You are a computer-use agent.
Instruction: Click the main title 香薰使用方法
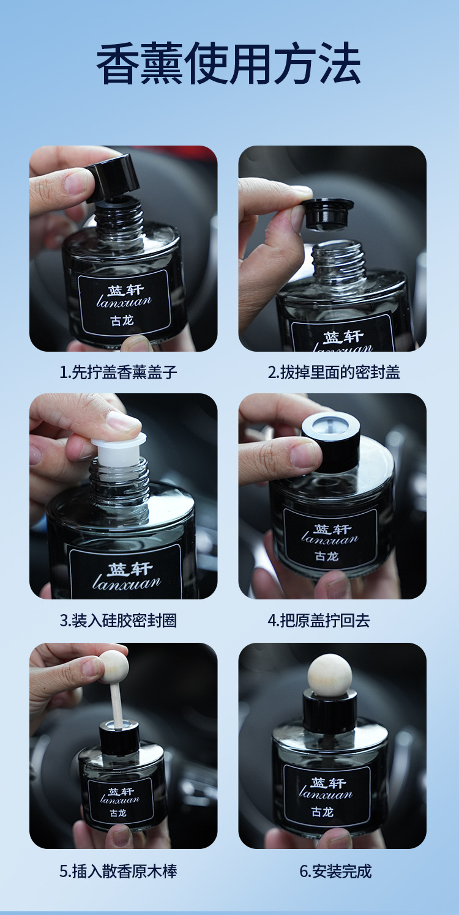click(x=229, y=64)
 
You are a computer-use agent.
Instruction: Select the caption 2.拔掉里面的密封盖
click(x=334, y=372)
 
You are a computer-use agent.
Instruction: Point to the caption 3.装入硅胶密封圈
click(x=118, y=620)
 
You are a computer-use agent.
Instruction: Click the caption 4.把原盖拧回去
click(x=318, y=620)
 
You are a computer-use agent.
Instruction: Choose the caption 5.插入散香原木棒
click(x=118, y=871)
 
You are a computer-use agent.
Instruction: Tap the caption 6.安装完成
click(x=335, y=871)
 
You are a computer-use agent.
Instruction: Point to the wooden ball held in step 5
click(x=113, y=667)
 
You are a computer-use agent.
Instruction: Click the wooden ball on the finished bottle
click(x=330, y=675)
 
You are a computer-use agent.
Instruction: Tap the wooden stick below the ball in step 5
click(x=116, y=703)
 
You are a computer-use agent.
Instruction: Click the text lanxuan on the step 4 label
click(x=329, y=539)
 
